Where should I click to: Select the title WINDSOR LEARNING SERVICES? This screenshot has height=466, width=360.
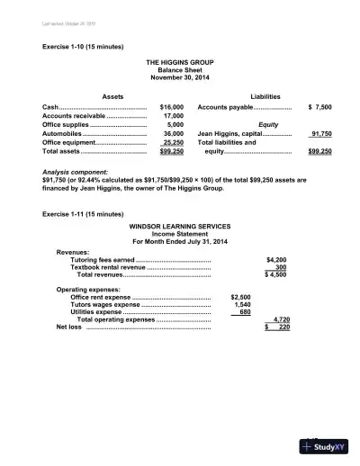point(179,226)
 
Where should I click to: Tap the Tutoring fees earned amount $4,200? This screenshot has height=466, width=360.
point(276,260)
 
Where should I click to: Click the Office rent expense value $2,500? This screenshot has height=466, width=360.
point(240,296)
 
